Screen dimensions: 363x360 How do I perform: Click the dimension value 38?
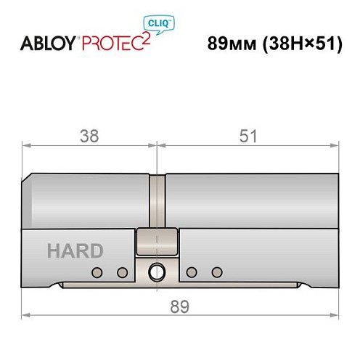(89, 136)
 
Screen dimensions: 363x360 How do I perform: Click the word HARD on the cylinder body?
(75, 251)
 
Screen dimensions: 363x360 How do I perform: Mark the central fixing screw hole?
(156, 273)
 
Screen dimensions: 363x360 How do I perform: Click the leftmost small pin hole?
(96, 272)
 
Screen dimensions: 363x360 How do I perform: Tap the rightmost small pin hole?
(216, 272)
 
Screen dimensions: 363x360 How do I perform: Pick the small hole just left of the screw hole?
(122, 272)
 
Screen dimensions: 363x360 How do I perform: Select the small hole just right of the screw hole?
(191, 272)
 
